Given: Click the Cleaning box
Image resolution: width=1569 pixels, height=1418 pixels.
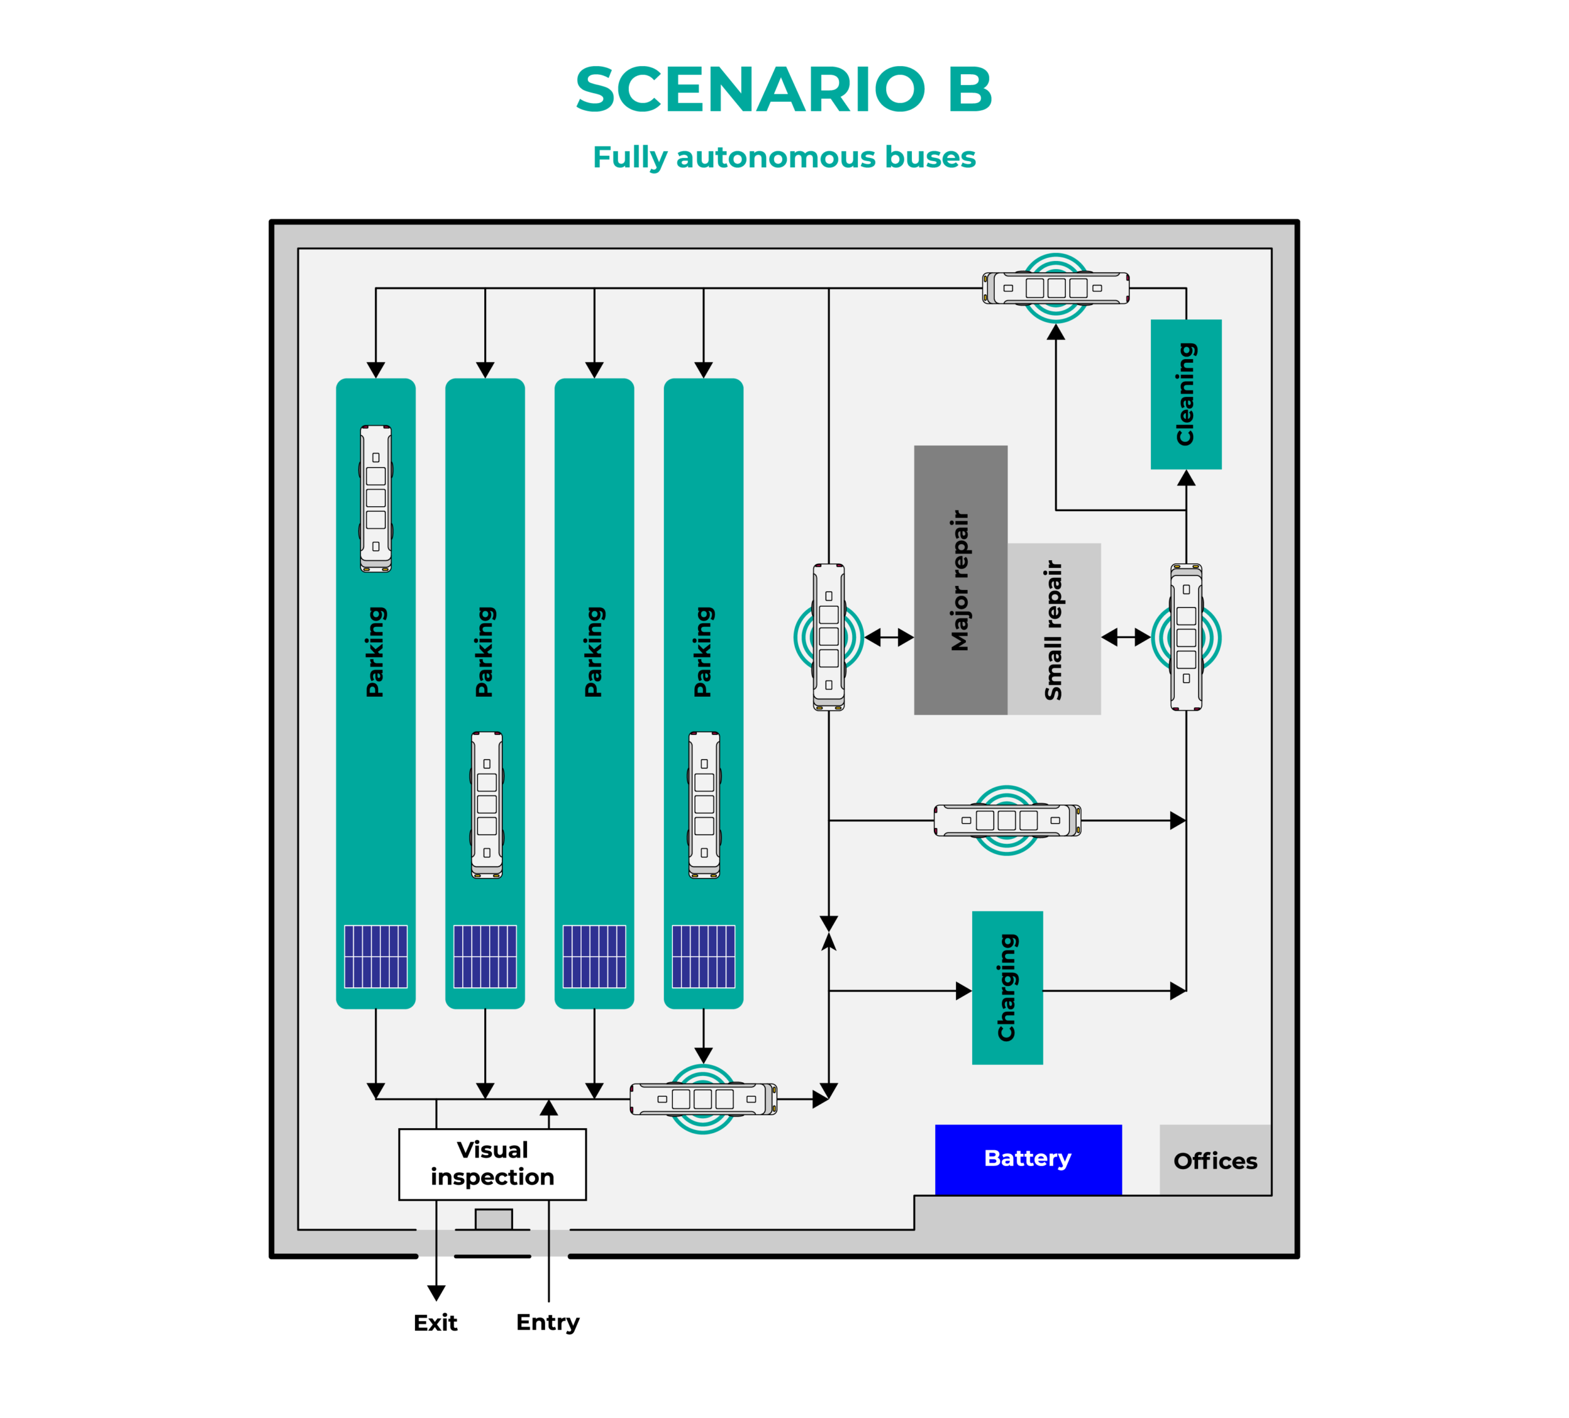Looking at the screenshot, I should [1185, 394].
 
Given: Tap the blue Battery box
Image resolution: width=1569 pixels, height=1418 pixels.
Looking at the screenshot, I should [1028, 1159].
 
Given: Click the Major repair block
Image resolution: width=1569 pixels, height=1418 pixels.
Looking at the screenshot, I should [960, 580].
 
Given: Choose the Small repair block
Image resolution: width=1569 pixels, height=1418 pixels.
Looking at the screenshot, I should [1054, 629].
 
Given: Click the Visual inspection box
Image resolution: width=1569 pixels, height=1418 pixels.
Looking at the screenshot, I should [492, 1164].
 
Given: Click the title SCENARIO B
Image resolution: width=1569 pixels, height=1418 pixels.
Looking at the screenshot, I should [784, 89].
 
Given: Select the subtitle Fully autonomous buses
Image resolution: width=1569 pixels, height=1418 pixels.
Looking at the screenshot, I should [784, 157].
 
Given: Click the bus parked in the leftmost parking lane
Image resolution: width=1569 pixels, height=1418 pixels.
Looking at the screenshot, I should [376, 498].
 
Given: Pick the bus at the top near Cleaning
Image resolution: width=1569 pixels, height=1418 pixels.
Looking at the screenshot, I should [1055, 288].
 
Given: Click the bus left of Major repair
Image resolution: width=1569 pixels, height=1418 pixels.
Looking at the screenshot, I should [829, 637].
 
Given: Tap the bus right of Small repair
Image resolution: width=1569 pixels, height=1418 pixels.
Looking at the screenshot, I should [1186, 637].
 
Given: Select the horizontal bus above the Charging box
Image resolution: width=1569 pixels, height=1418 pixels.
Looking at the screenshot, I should [1007, 821].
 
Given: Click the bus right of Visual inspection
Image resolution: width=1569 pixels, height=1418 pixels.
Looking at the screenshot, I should [703, 1099].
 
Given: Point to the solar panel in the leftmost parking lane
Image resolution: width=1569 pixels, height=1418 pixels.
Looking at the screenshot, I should [376, 957].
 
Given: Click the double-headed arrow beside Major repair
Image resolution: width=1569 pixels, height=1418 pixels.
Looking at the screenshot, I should [889, 637].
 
